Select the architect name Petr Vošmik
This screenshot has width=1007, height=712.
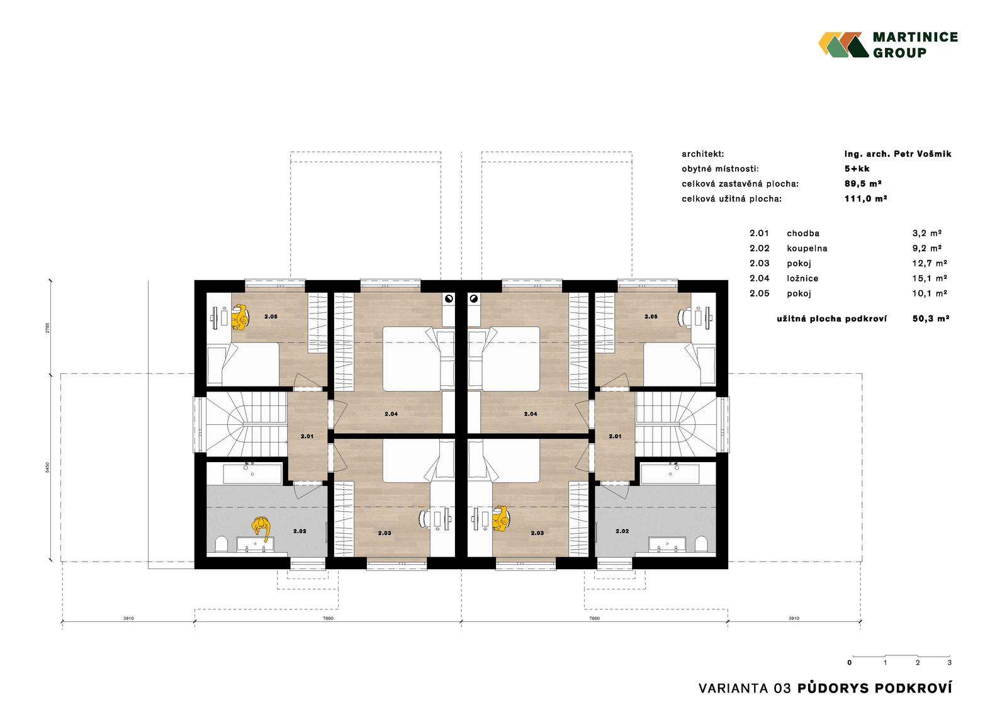pyautogui.click(x=922, y=154)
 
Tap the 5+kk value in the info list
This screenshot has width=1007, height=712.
pyautogui.click(x=857, y=169)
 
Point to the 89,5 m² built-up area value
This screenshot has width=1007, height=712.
pyautogui.click(x=863, y=184)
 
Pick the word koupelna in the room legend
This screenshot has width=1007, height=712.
pyautogui.click(x=807, y=248)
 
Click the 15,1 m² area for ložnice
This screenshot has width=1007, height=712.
pyautogui.click(x=929, y=278)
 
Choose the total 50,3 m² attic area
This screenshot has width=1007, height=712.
pyautogui.click(x=931, y=319)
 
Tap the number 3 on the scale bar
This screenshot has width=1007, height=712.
pyautogui.click(x=950, y=662)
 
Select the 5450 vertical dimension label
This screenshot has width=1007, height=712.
pyautogui.click(x=48, y=467)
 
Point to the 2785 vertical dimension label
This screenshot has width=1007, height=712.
pyautogui.click(x=48, y=327)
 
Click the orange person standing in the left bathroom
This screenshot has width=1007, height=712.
pyautogui.click(x=261, y=528)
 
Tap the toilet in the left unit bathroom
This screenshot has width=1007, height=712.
pyautogui.click(x=221, y=545)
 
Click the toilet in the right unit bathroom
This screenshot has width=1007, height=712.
pyautogui.click(x=701, y=545)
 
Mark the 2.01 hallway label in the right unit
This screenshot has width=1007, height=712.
pyautogui.click(x=615, y=436)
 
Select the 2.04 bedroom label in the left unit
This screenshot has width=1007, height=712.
pyautogui.click(x=391, y=414)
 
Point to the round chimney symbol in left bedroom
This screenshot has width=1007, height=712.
pyautogui.click(x=449, y=298)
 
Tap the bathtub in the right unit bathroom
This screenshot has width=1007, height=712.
pyautogui.click(x=670, y=474)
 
